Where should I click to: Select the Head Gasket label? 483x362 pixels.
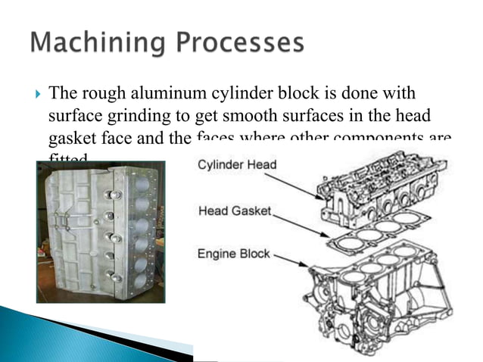click(234, 211)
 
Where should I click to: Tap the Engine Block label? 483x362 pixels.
click(234, 254)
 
